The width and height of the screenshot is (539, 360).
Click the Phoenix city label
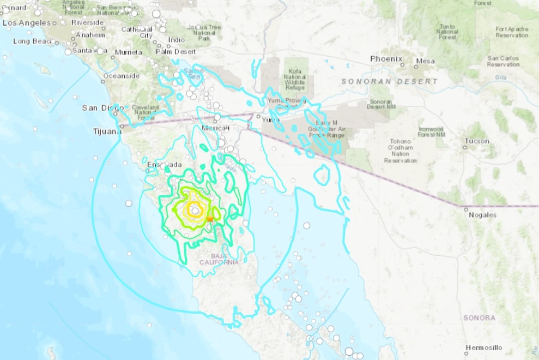[x=386, y=59]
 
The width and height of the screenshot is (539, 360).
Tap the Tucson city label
[x=476, y=141]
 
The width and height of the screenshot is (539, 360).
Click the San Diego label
[x=99, y=108]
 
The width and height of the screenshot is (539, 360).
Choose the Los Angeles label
[x=27, y=23]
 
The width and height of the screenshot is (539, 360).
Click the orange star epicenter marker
[x=210, y=219]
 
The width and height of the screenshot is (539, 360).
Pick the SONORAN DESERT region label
[x=389, y=81]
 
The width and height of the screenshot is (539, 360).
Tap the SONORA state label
[x=479, y=317]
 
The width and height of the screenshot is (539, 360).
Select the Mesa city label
[x=425, y=61]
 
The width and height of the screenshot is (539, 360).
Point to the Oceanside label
[x=122, y=76]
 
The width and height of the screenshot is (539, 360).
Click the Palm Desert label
[x=175, y=52]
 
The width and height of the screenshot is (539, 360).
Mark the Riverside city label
[x=87, y=22]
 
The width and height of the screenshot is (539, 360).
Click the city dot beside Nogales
[x=465, y=208]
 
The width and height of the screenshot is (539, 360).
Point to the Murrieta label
[x=129, y=52]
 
